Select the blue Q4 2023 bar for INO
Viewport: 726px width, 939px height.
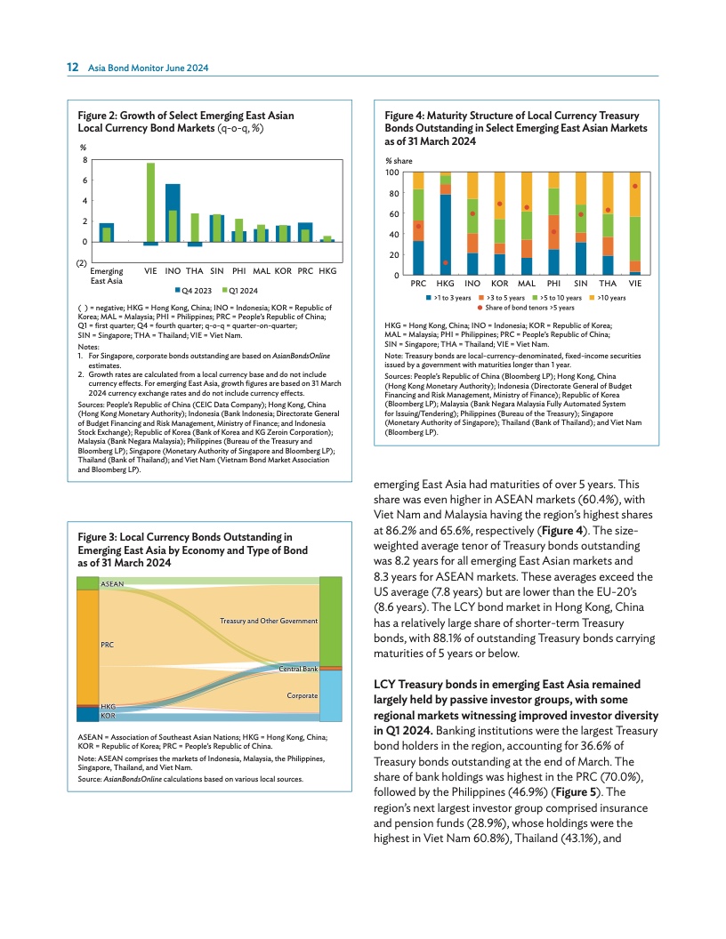point(173,213)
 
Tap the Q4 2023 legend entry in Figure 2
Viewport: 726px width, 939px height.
point(192,290)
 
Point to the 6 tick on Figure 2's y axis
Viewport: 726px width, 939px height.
point(85,181)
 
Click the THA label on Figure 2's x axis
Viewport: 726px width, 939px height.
point(195,269)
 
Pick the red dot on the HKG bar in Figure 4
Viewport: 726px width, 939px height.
point(445,262)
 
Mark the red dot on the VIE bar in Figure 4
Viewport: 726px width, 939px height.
point(634,186)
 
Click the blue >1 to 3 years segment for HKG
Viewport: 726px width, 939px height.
point(445,235)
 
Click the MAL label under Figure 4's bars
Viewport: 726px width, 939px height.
point(526,284)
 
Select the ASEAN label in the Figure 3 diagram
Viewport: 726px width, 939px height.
point(112,583)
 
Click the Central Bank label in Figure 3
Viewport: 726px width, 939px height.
point(299,667)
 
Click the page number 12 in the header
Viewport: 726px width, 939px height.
point(73,67)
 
